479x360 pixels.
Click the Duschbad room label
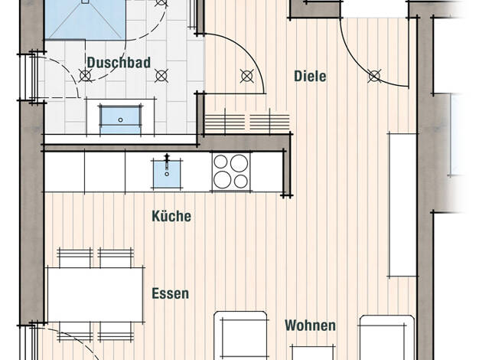pos(119,63)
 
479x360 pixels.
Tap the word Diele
pos(310,76)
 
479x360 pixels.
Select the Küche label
pos(171,216)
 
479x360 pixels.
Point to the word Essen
pos(171,293)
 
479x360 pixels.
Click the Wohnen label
pos(310,325)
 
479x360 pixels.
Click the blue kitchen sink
pos(167,174)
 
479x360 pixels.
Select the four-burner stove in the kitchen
pos(231,172)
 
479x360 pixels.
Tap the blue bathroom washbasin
pos(120,119)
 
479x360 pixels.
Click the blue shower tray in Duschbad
pos(85,20)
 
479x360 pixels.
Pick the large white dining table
pos(96,295)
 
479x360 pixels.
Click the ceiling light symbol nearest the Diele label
pos(247,76)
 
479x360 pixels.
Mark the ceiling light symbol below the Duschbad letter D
pos(86,76)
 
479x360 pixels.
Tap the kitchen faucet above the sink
pos(167,162)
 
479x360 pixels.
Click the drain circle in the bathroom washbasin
pos(120,120)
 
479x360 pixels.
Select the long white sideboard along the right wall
pos(402,205)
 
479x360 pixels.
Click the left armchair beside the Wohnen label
pos(241,335)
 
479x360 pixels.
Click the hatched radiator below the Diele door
pos(247,122)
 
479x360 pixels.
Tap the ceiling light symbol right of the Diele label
pos(374,76)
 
